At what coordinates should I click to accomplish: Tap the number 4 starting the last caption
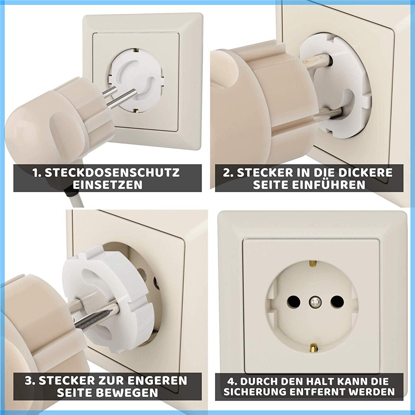(x=232, y=380)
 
